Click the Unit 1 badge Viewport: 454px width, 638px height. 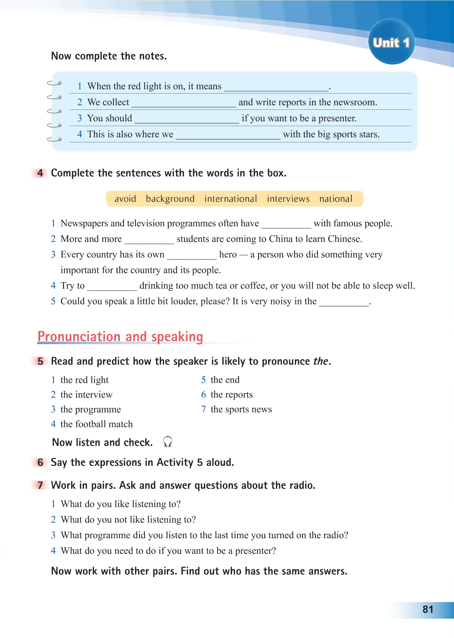(x=391, y=43)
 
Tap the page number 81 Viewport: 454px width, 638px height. (x=428, y=609)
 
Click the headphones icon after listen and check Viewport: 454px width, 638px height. (x=168, y=442)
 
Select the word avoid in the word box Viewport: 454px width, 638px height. (x=125, y=199)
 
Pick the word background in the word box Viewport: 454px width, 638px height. (x=170, y=199)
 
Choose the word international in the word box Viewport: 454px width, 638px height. (x=231, y=199)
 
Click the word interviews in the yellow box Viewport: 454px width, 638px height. (x=288, y=199)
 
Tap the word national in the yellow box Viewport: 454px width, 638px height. (x=336, y=199)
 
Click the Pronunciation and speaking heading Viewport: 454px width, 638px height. (x=120, y=337)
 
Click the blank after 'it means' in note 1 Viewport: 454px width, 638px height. (x=276, y=87)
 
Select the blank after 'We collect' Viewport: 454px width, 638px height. (x=184, y=103)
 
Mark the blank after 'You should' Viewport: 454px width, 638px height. (x=187, y=119)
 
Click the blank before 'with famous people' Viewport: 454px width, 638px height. (x=286, y=224)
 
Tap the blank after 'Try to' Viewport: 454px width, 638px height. (x=112, y=287)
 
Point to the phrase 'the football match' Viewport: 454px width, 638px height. (x=96, y=424)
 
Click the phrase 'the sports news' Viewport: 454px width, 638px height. (x=241, y=409)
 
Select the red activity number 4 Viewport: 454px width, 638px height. (x=41, y=173)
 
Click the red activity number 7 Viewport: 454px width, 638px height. (x=41, y=485)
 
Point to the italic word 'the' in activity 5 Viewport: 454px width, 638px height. (x=321, y=361)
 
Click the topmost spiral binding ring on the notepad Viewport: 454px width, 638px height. (x=54, y=83)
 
